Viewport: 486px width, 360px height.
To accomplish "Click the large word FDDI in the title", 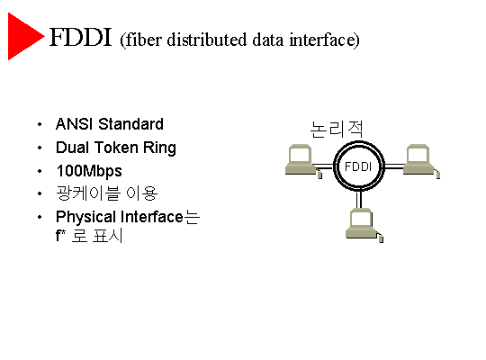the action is point(80,37).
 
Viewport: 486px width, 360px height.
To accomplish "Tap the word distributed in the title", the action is point(207,40).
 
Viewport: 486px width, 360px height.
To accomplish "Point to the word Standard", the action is point(130,124).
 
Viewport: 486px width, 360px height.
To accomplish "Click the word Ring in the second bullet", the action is point(159,148).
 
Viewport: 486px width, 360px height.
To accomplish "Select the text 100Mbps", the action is point(89,172).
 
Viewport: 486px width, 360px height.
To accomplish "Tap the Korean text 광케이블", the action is point(88,193).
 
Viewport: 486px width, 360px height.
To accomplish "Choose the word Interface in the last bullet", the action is point(152,216).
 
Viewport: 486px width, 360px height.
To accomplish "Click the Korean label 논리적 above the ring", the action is point(337,129).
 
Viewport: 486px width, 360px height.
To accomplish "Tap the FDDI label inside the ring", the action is point(358,166).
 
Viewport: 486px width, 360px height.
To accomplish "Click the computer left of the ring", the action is point(303,161).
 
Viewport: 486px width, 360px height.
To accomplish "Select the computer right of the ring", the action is point(421,161).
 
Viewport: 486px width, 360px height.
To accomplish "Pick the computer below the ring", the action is point(364,225).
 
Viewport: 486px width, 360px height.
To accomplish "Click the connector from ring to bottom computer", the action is point(359,200).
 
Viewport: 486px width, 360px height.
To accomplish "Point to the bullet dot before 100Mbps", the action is point(40,171).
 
